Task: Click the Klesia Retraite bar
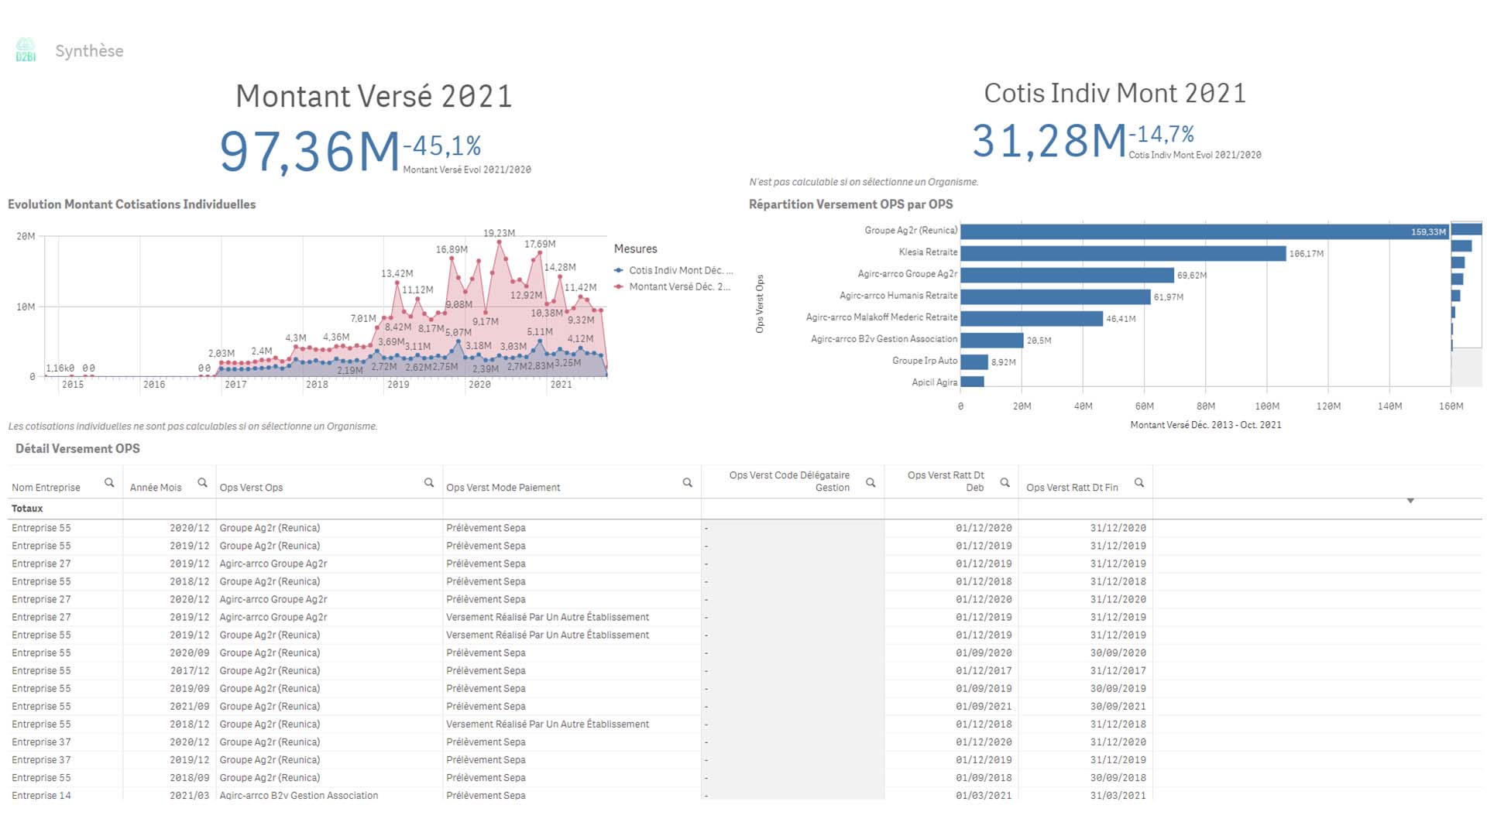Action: (1123, 253)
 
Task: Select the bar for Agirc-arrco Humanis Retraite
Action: (1055, 296)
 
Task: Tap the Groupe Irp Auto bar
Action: (974, 361)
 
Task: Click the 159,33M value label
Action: (1427, 231)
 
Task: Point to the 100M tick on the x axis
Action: (1267, 406)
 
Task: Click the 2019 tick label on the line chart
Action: (398, 385)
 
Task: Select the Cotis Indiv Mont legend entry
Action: (675, 270)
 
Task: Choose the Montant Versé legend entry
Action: (675, 286)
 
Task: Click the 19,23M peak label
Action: (499, 233)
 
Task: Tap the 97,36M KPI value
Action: (310, 151)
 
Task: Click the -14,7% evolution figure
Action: (1161, 135)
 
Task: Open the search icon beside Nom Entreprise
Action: (109, 483)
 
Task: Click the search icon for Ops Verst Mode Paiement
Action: (687, 483)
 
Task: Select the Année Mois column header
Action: (156, 488)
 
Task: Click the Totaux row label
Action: (27, 509)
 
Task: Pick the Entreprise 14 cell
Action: (41, 795)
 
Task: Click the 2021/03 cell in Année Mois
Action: (189, 795)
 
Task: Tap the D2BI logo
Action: (26, 50)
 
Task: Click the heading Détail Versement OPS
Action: (77, 449)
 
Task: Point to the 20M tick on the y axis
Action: (26, 236)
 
